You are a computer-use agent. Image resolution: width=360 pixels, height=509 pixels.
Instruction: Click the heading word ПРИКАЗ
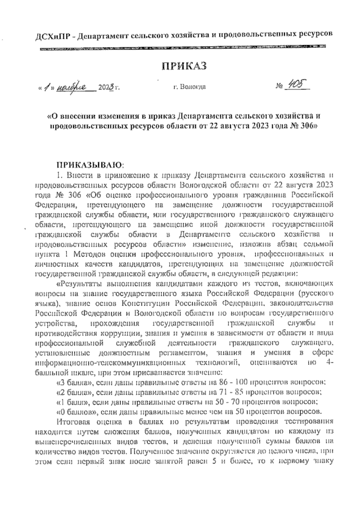point(184,65)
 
